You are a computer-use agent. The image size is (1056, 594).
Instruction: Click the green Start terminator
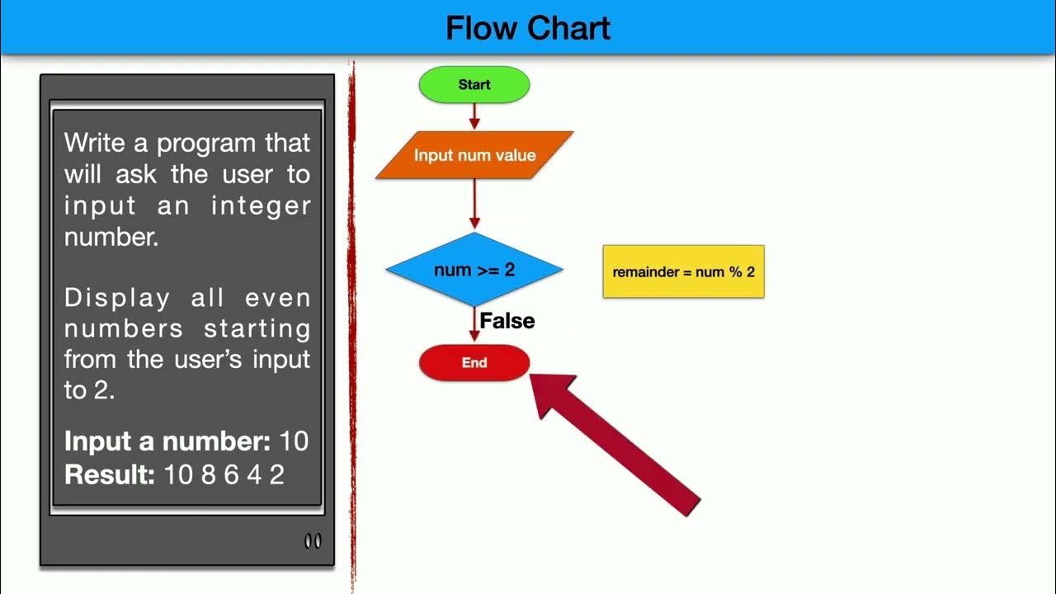click(x=474, y=85)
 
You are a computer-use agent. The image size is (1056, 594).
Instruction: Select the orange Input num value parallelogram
click(x=474, y=155)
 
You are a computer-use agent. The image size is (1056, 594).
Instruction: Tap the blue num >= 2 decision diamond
click(x=474, y=270)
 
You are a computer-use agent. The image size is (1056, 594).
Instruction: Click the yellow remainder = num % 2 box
click(x=683, y=271)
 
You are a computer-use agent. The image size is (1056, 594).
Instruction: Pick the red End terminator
click(x=474, y=363)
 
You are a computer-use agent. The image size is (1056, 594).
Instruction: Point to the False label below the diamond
click(x=507, y=321)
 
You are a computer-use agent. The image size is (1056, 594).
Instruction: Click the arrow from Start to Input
click(x=474, y=116)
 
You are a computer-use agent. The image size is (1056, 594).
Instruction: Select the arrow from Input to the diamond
click(x=474, y=205)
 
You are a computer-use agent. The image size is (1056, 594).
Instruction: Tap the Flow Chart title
click(x=528, y=28)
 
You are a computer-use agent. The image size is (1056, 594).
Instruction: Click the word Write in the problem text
click(x=94, y=143)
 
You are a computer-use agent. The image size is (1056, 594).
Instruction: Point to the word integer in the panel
click(x=261, y=205)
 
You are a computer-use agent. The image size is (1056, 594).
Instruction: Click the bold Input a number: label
click(x=167, y=441)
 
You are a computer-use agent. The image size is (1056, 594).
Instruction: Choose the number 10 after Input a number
click(x=294, y=441)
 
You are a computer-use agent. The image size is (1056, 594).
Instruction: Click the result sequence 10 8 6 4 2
click(x=224, y=475)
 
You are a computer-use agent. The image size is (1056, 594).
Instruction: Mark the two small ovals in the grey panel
click(x=313, y=541)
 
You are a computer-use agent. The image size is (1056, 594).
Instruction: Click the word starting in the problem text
click(x=257, y=328)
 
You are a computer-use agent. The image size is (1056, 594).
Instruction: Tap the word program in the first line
click(x=206, y=143)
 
